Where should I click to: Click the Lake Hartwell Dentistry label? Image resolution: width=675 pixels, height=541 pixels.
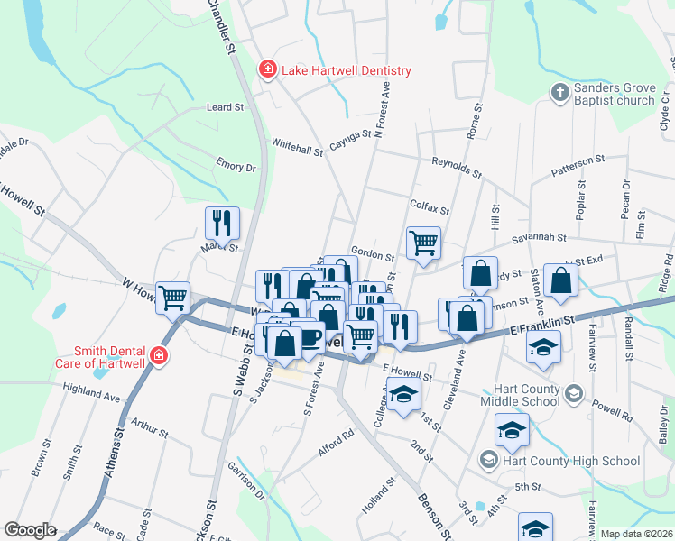346,70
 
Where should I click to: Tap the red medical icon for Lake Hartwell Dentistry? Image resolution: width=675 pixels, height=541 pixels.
267,69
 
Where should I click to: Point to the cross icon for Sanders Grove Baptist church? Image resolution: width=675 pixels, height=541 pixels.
559,93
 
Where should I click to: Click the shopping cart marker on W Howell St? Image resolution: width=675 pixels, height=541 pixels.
172,296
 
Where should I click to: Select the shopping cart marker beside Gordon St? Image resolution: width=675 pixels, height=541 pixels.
423,242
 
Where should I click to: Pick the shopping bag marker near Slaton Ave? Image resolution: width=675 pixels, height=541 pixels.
560,279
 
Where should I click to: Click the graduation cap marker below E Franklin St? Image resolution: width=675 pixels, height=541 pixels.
543,347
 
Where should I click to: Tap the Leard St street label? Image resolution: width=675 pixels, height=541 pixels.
226,106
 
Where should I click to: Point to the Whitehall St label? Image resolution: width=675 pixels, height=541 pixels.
297,148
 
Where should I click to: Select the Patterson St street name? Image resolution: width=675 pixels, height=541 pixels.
578,160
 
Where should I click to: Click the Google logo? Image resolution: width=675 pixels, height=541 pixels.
30,530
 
